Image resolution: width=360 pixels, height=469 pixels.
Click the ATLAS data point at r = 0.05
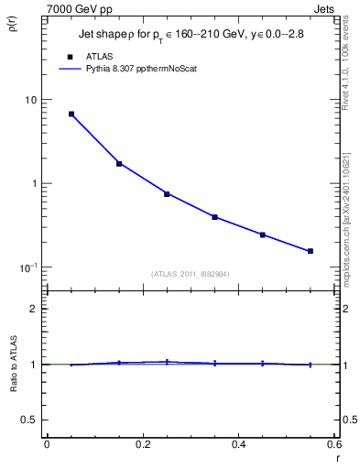(x=71, y=115)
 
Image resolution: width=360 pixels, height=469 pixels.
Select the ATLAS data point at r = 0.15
(x=119, y=164)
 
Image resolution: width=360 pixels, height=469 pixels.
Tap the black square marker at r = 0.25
(x=167, y=194)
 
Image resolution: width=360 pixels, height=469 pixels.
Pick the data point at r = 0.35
(x=214, y=217)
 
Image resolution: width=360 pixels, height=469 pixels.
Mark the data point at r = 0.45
(x=262, y=235)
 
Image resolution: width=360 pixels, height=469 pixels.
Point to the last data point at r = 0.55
(x=311, y=251)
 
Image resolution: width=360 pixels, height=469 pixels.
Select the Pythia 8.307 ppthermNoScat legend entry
(x=136, y=68)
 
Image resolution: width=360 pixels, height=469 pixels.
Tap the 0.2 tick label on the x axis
(x=142, y=444)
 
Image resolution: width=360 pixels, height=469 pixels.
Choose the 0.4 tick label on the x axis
(x=238, y=444)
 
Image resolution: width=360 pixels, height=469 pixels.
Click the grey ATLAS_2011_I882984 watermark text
(x=190, y=274)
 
